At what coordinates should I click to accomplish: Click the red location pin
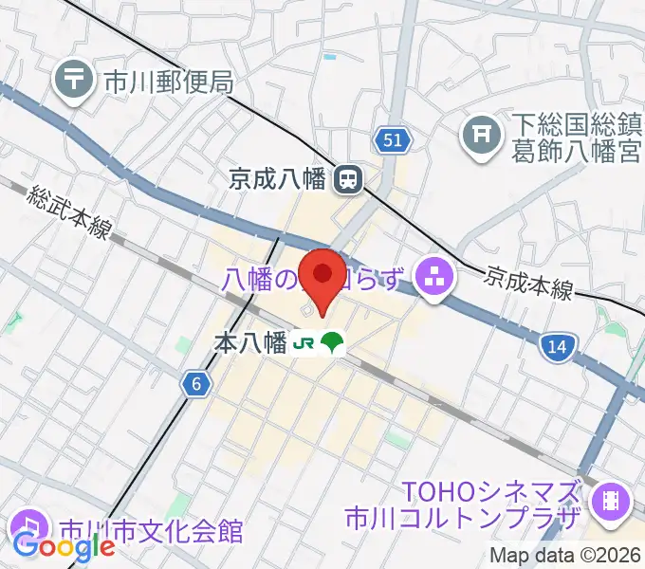coord(322,276)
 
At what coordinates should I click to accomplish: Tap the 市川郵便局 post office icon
coord(73,81)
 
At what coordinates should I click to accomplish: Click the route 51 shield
coord(392,141)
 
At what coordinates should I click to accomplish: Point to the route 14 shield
coord(558,348)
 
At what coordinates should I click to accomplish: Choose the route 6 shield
coord(195,383)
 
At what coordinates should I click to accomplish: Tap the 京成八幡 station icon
coord(351,176)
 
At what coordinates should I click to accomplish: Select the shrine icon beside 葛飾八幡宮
coord(482,137)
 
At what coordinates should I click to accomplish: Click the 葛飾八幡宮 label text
coord(577,151)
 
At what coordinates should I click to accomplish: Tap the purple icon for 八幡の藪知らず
coord(437,279)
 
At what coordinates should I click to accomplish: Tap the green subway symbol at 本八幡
coord(331,343)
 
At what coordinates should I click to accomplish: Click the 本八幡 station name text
coord(250,343)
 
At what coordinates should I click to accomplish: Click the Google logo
coord(64,547)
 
